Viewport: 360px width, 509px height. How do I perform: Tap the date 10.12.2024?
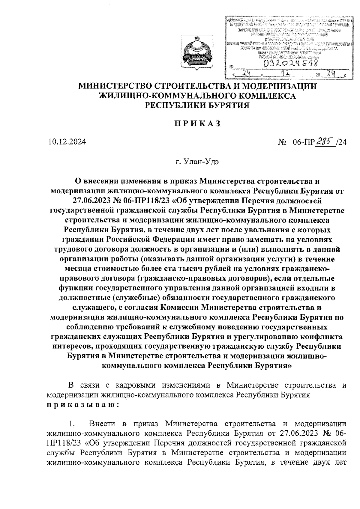pyautogui.click(x=67, y=141)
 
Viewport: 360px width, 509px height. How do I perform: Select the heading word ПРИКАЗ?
pyautogui.click(x=198, y=123)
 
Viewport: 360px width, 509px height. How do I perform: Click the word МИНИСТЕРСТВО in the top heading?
pyautogui.click(x=114, y=86)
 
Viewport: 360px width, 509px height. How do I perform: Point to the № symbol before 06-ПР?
pyautogui.click(x=282, y=142)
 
